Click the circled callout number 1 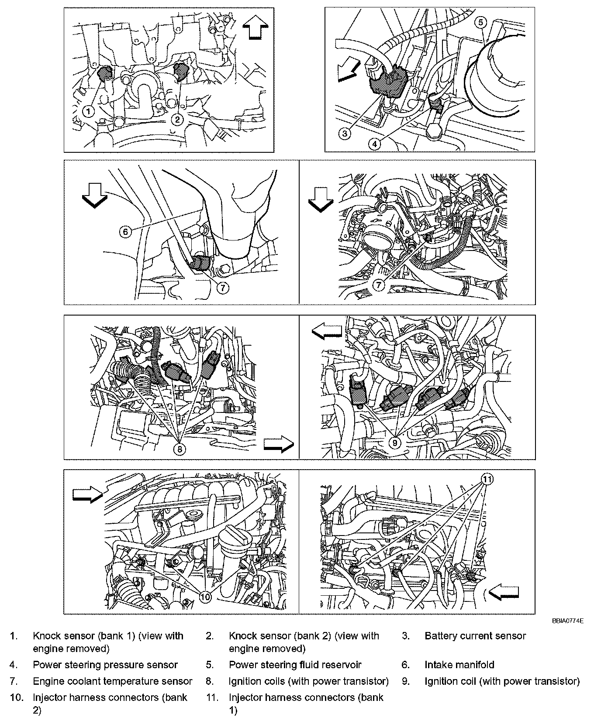[x=89, y=112]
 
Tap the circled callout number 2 [x=177, y=118]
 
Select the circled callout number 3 [x=345, y=133]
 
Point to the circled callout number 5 [x=480, y=22]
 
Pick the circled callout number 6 [x=125, y=231]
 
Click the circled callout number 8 [x=180, y=448]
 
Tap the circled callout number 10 [x=205, y=596]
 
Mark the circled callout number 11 [x=488, y=479]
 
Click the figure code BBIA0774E [x=567, y=620]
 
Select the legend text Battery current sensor [x=475, y=636]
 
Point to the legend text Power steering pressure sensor [x=105, y=665]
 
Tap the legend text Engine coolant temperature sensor [x=112, y=681]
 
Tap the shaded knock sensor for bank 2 [x=180, y=69]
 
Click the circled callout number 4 [x=374, y=144]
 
